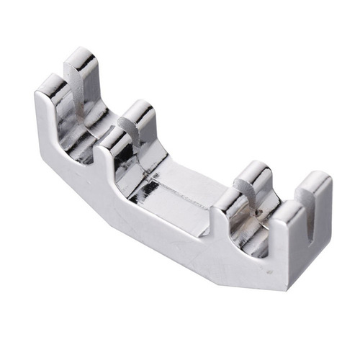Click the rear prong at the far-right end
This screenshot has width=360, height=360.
(x=315, y=189)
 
